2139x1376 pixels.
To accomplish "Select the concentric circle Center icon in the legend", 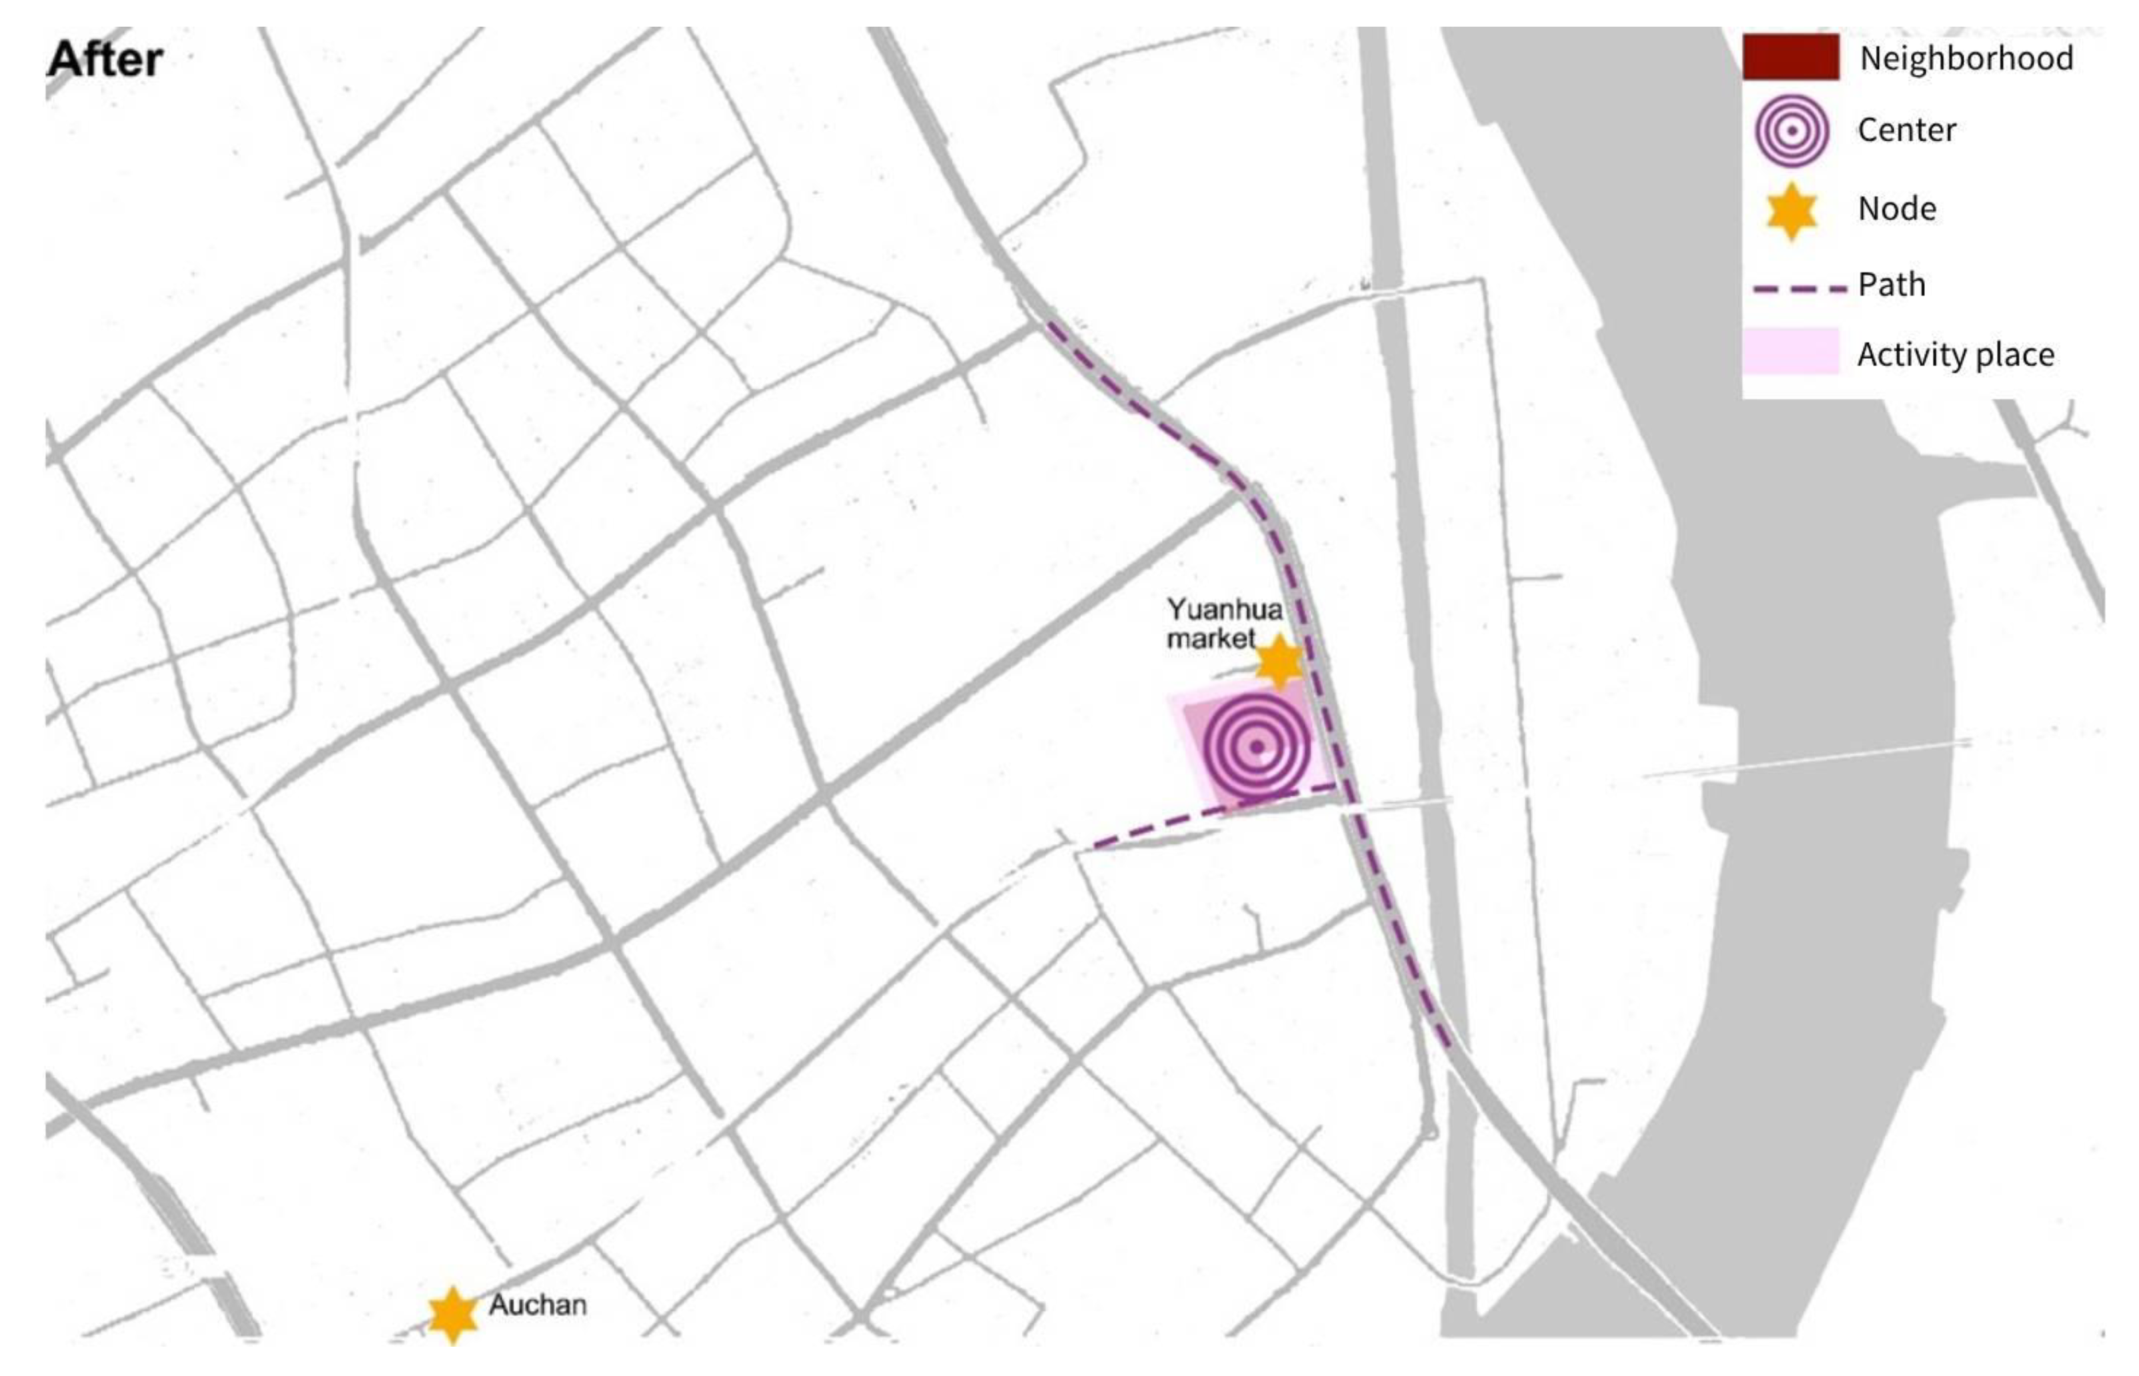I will tap(1792, 131).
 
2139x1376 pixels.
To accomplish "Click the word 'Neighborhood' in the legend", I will tap(1966, 59).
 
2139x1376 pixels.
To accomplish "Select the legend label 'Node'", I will tap(1897, 209).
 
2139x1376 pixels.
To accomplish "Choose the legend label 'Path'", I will tap(1892, 285).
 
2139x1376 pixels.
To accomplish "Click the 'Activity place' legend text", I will tap(1955, 356).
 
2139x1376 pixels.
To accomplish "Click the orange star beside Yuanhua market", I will tap(1279, 662).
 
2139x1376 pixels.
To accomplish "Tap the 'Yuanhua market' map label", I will tap(1223, 624).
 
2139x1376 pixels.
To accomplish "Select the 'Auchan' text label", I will tap(537, 1305).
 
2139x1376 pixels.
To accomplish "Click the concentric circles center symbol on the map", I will tap(1256, 747).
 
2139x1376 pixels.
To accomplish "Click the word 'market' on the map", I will tap(1211, 639).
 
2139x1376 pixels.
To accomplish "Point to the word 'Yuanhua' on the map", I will tap(1224, 610).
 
